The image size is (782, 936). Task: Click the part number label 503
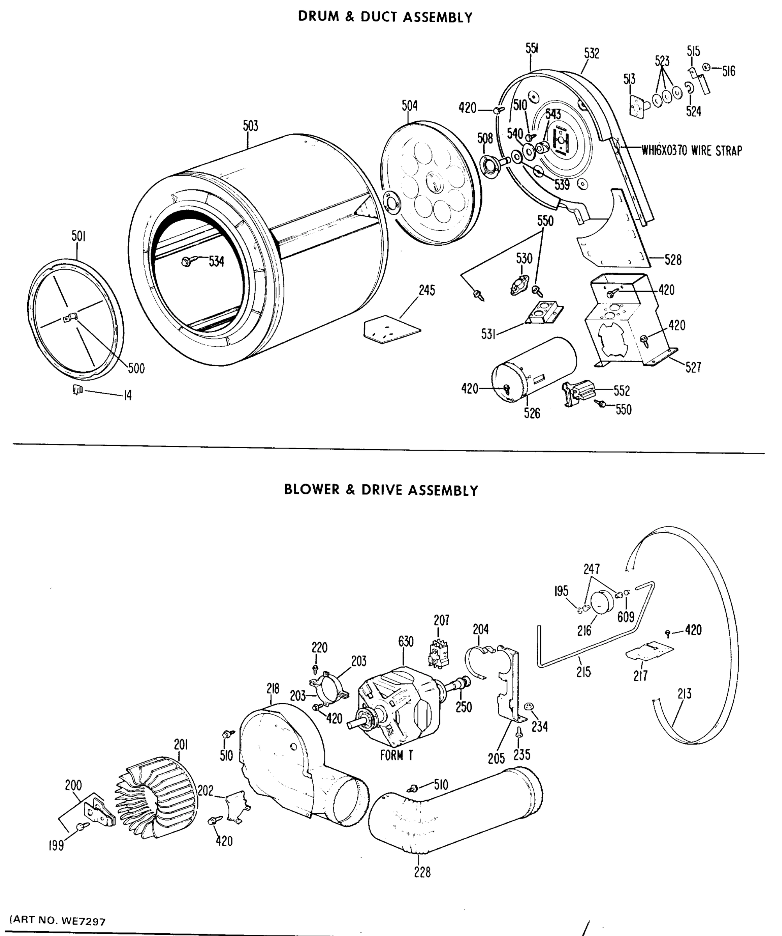(250, 126)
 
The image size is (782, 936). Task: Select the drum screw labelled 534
(187, 262)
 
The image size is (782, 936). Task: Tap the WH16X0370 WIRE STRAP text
(692, 151)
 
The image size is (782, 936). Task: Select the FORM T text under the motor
(396, 755)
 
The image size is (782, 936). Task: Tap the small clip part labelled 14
(78, 390)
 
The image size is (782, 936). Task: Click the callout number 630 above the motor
(405, 642)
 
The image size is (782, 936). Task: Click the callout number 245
(426, 290)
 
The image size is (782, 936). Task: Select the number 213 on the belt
(684, 693)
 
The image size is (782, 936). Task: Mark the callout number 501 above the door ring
(78, 236)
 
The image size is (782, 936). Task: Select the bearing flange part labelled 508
(491, 165)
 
